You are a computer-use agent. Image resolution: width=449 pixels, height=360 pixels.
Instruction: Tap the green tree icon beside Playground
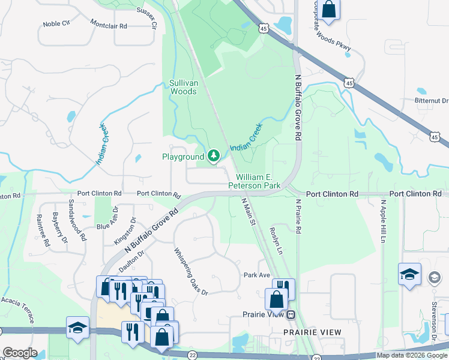(213, 157)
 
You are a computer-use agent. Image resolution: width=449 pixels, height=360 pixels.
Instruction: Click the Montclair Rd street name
(109, 26)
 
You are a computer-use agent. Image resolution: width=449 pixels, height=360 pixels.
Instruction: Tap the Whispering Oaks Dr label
(190, 271)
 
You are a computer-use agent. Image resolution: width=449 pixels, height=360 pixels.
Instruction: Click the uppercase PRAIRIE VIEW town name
(313, 332)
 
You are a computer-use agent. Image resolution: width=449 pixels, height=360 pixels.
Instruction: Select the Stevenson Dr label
(433, 318)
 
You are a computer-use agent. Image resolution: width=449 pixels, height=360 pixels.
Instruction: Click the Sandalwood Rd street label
(78, 220)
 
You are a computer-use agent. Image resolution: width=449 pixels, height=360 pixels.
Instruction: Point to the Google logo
(19, 353)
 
